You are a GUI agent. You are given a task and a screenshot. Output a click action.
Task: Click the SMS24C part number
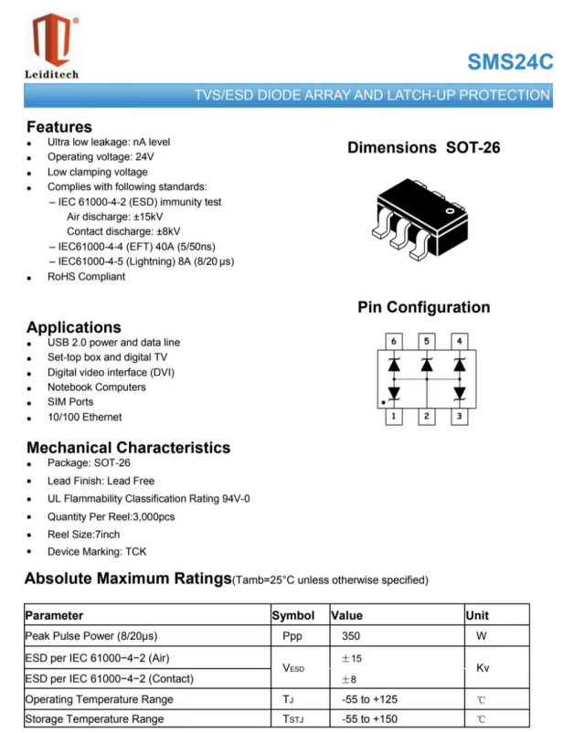510,62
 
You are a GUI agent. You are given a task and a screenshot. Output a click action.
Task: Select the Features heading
59,127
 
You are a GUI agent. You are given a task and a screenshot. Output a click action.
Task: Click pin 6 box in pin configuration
393,341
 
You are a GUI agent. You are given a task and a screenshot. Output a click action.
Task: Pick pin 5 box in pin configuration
426,341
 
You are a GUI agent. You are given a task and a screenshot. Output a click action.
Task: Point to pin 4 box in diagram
460,341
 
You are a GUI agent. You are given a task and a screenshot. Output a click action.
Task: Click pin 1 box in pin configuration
393,417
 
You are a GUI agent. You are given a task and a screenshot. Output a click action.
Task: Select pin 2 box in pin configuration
426,417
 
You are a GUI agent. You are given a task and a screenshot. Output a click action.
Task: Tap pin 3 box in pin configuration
460,417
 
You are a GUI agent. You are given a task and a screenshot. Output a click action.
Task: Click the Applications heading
73,327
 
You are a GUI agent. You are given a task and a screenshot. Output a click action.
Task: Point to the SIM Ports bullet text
70,402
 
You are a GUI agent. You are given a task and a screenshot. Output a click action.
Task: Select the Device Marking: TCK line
97,552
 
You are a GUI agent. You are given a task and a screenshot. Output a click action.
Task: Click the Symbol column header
293,616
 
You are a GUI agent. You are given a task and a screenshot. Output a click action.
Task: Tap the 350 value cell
352,636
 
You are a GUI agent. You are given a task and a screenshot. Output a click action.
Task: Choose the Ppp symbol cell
292,636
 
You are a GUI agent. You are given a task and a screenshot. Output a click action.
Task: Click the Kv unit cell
483,668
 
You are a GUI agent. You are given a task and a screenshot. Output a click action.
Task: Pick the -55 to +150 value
369,719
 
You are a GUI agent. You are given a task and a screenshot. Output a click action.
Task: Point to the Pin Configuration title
423,308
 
